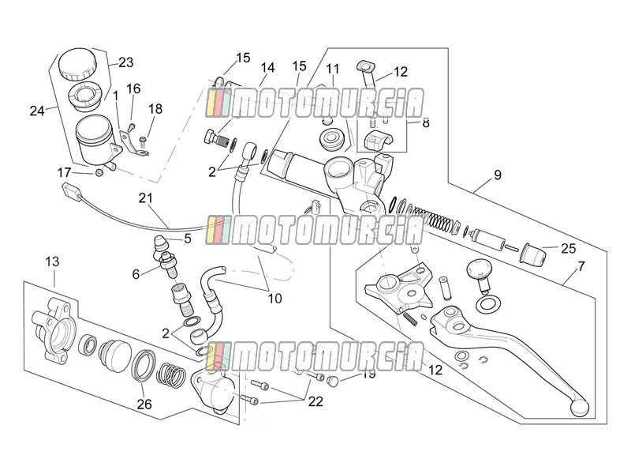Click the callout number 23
pos(125,62)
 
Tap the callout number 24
pos(37,111)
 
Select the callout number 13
pos(52,261)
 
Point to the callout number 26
pos(144,404)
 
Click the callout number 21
pos(146,198)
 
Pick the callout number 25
pos(568,248)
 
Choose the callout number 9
pos(498,175)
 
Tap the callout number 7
pos(581,266)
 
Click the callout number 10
pos(274,299)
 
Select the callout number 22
pos(316,401)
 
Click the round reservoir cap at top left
pos(77,64)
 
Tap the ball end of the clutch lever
pos(580,408)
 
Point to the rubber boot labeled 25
pos(534,254)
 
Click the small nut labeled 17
pos(99,172)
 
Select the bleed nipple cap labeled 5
pos(160,244)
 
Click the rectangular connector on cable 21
pos(71,190)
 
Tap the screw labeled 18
pos(142,141)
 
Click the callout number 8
pos(426,122)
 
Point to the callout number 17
pos(64,172)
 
